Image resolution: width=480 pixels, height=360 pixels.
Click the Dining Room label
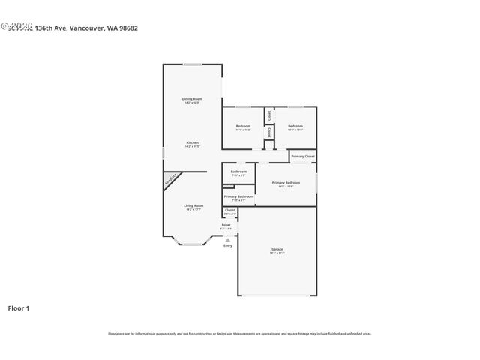[192, 99]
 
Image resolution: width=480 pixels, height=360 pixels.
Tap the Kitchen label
[192, 142]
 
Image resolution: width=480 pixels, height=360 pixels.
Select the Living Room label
[193, 205]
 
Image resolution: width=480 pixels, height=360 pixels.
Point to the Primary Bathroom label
[238, 196]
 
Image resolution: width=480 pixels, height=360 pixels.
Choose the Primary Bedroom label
[286, 183]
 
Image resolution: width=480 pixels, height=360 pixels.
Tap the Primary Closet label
[303, 156]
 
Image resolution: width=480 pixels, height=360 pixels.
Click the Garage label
[277, 249]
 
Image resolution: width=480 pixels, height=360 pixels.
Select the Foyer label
[226, 225]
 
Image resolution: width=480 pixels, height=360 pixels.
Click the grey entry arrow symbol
[227, 240]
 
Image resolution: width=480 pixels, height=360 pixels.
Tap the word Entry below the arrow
[227, 245]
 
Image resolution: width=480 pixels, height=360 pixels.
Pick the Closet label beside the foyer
[229, 211]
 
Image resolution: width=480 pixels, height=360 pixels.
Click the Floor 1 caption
[19, 307]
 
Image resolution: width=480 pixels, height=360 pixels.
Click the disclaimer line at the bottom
[239, 334]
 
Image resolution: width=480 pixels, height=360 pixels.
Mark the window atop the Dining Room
[193, 64]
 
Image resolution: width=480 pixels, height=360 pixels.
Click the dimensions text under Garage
[277, 253]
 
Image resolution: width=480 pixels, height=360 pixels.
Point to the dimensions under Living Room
[193, 210]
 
